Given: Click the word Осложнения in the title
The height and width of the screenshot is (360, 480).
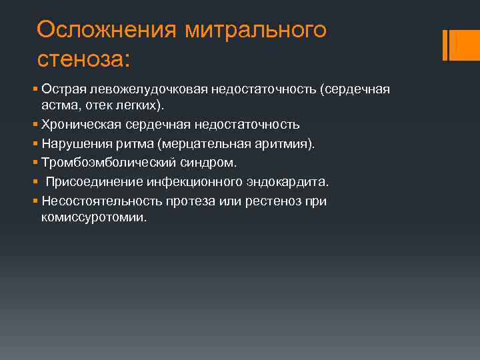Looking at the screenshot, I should click(x=105, y=29).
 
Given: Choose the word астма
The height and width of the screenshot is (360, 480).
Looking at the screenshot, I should click(x=57, y=105).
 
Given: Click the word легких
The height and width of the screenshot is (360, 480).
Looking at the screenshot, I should click(x=137, y=105).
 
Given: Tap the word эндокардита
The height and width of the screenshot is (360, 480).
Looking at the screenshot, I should click(x=294, y=182).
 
